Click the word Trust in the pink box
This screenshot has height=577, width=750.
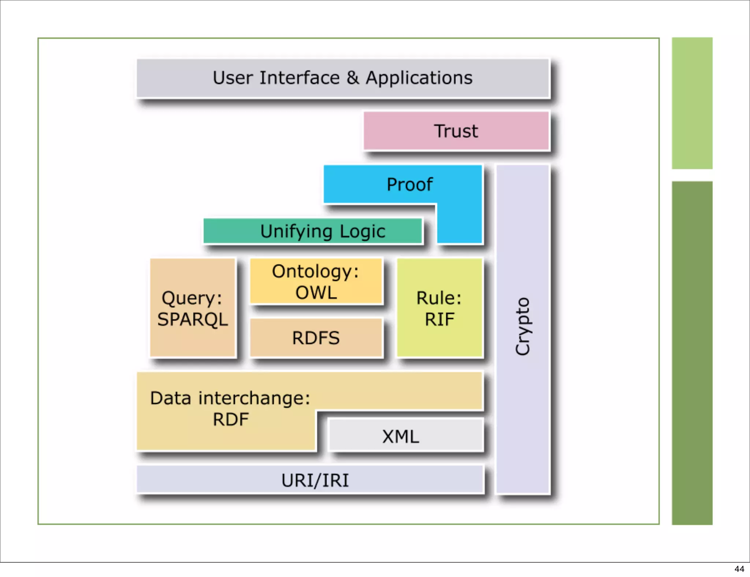(456, 131)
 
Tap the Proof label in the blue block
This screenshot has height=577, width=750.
(409, 185)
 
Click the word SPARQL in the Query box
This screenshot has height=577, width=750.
(193, 319)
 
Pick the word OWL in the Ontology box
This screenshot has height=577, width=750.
(316, 293)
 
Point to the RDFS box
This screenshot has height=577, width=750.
(316, 338)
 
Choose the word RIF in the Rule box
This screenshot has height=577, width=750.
(439, 319)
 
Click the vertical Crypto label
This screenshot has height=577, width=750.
(523, 326)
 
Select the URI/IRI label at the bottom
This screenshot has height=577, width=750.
(315, 480)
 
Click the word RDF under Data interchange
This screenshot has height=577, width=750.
(231, 420)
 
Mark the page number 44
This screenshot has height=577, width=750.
(739, 569)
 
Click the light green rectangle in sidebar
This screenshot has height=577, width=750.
(692, 103)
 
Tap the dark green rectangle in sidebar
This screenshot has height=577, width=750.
(692, 352)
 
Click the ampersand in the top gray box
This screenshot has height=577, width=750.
(353, 78)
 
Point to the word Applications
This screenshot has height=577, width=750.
(419, 78)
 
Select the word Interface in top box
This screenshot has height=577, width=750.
(300, 78)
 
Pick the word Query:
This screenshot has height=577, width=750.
(192, 298)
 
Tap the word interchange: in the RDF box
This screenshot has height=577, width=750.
(254, 398)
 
